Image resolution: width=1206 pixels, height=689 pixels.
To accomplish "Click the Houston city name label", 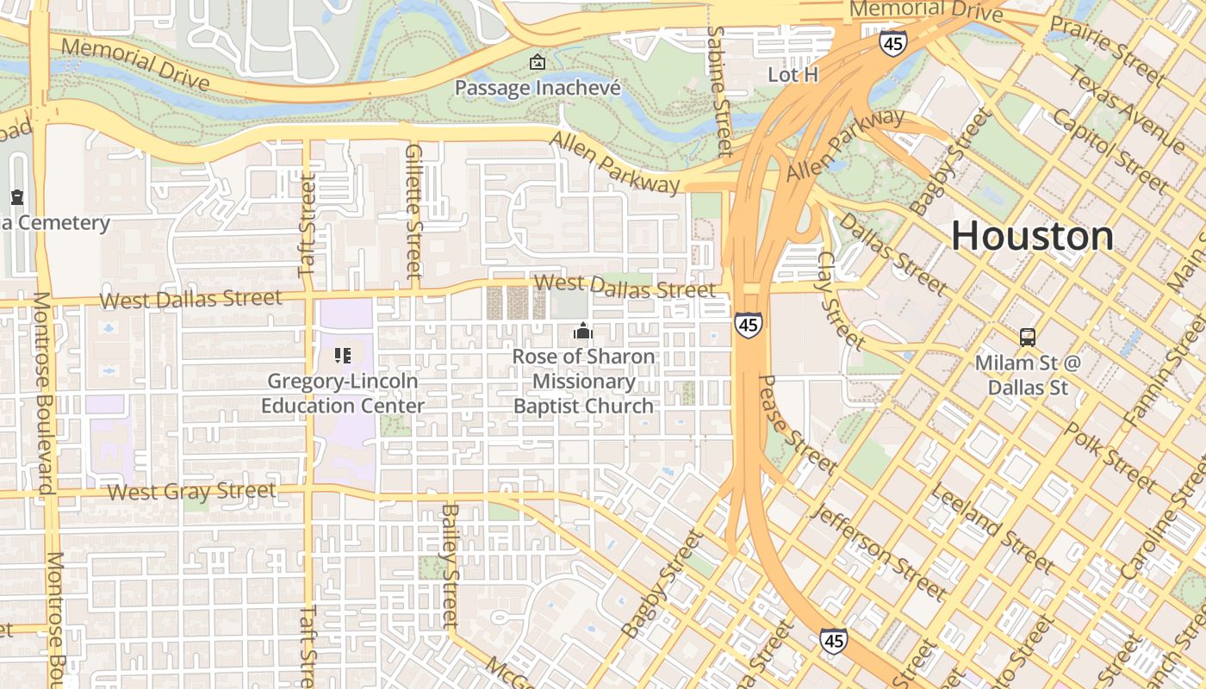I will [1032, 236].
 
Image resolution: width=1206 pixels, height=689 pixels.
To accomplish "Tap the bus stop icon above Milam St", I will [1027, 337].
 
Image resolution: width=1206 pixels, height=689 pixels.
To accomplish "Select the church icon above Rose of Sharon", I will [583, 331].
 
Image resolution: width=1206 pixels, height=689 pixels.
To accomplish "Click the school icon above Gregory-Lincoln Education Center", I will [343, 355].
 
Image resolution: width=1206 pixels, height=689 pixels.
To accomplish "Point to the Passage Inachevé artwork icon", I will [538, 62].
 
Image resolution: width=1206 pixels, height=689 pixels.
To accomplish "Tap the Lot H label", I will [793, 75].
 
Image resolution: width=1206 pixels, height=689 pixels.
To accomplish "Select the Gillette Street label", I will [413, 211].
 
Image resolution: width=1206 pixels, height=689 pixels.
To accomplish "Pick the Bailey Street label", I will [449, 565].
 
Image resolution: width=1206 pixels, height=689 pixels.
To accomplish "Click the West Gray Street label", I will [191, 492].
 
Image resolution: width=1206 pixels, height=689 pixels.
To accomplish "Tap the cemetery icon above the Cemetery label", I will [17, 197].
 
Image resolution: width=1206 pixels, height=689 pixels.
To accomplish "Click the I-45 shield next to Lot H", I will [892, 43].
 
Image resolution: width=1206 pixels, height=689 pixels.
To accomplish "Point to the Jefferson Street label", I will [879, 551].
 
